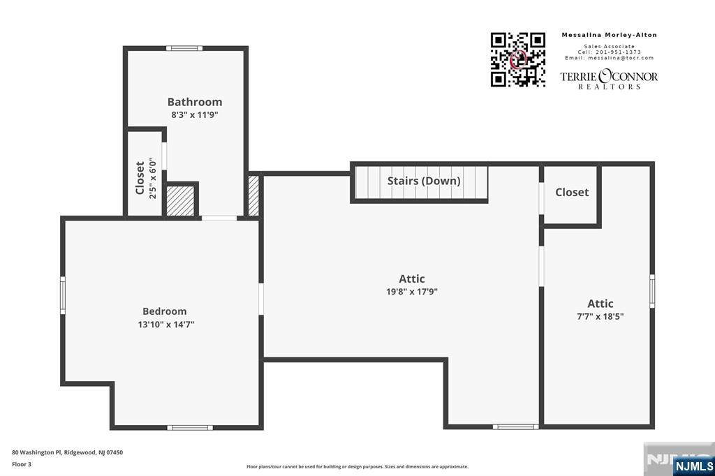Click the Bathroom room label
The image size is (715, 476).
click(x=195, y=102)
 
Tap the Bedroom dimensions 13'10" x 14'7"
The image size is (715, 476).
click(x=165, y=324)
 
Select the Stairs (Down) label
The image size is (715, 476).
click(x=424, y=181)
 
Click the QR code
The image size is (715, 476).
click(x=517, y=59)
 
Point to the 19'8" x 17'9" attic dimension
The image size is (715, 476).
click(x=411, y=292)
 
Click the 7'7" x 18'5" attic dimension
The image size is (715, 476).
click(x=600, y=316)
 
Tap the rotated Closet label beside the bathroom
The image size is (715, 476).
click(x=140, y=178)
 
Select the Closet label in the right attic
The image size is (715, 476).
click(x=572, y=192)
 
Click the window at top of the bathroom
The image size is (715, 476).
click(x=184, y=48)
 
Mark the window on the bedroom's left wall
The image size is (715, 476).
click(x=62, y=295)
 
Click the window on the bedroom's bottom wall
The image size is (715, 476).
click(x=191, y=427)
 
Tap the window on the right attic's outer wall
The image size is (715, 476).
click(x=652, y=291)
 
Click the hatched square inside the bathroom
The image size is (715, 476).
click(x=179, y=201)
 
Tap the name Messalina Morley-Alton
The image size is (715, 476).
click(x=609, y=35)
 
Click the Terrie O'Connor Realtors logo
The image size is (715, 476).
click(x=609, y=79)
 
